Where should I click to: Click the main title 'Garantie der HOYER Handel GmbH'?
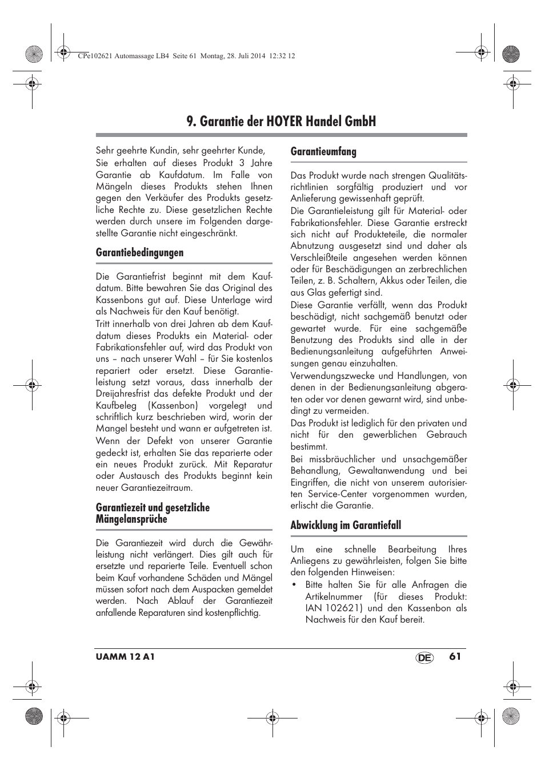[281, 121]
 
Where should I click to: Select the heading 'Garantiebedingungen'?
[139, 252]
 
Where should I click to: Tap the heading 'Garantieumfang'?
[323, 151]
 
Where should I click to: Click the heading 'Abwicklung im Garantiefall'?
[345, 525]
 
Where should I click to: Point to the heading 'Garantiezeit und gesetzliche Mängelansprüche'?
[153, 513]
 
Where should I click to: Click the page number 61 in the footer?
[455, 656]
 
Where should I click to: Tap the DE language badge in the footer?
[424, 657]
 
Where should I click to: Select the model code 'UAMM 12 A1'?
[125, 657]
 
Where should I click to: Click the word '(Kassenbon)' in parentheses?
[173, 405]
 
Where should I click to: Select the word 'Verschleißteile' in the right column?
[320, 257]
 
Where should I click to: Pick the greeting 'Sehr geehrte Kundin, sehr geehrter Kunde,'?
[180, 151]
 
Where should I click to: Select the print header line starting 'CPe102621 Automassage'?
[185, 56]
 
